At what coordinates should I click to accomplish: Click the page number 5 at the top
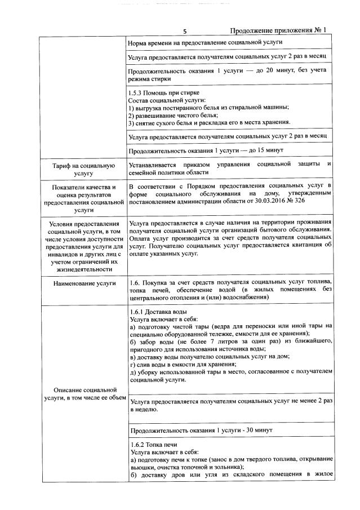(184, 30)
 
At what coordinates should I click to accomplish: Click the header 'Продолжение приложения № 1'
(278, 30)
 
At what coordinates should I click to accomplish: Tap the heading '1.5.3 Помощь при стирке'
(164, 92)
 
